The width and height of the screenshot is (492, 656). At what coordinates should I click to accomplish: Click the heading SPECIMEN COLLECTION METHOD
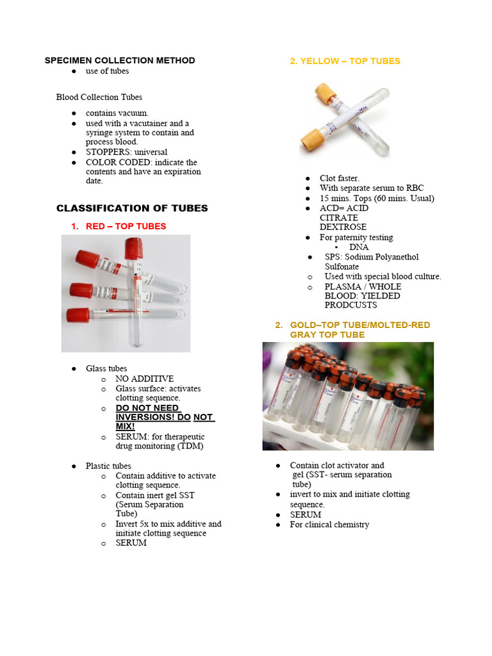coord(120,61)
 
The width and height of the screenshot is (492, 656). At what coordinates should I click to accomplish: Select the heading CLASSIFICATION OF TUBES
coord(132,208)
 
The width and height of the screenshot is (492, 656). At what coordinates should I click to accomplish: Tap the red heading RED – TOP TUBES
coord(126,226)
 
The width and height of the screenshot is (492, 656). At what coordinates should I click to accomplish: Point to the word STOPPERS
coord(106,152)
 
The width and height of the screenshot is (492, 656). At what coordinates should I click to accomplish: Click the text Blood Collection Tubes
coord(99,97)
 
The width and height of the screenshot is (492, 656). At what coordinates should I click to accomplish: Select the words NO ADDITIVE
coord(144,379)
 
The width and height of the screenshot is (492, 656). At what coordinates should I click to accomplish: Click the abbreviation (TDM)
coord(188,446)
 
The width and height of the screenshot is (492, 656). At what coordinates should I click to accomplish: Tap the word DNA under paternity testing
coord(359,247)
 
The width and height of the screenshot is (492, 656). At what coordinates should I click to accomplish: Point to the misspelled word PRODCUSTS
coord(351,306)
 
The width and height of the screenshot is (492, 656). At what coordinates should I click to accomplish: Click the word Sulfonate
coord(341,266)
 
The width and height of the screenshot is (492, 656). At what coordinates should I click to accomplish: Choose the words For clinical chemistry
coord(329,525)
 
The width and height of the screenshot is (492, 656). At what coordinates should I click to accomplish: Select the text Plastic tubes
coord(108,466)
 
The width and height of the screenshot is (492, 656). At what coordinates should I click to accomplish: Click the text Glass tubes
coord(106,368)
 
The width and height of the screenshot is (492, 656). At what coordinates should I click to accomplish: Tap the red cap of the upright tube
coord(134,247)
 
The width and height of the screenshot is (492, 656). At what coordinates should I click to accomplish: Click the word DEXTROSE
coord(343,227)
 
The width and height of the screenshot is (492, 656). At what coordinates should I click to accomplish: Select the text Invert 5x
coord(133,524)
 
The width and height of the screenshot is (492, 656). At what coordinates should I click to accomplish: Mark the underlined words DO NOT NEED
coord(147,408)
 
